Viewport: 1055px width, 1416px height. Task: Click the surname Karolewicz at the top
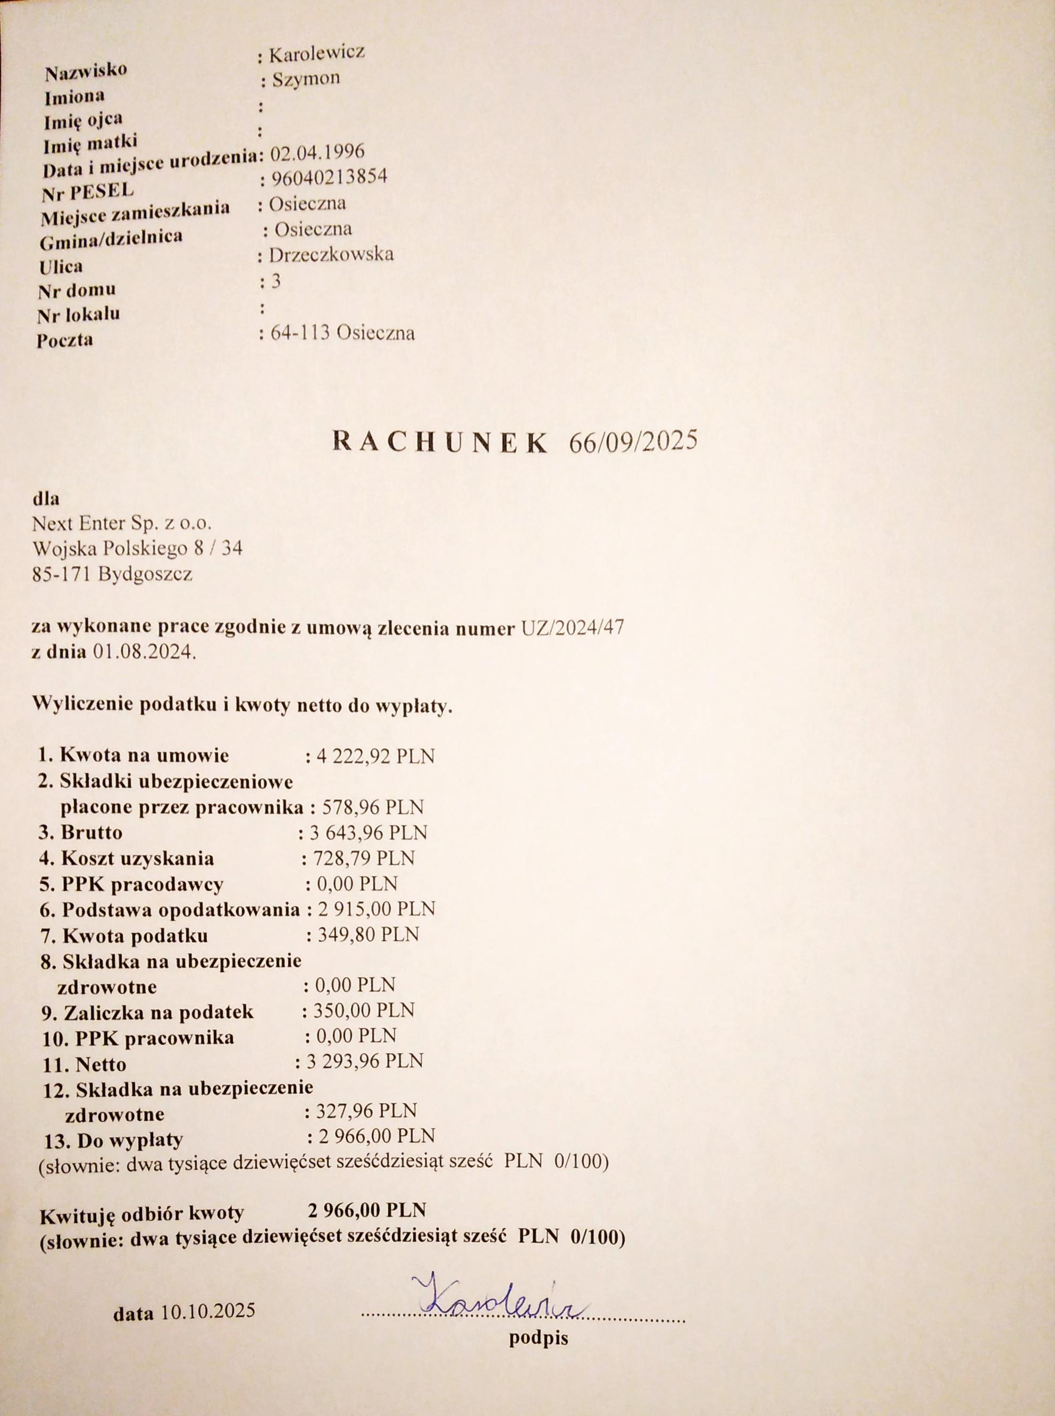click(x=317, y=54)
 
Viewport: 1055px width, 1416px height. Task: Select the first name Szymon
click(x=306, y=79)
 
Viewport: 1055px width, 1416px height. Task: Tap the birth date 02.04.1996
click(x=317, y=152)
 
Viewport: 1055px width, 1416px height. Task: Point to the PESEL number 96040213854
click(x=329, y=177)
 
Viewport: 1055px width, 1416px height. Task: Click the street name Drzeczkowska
click(x=331, y=255)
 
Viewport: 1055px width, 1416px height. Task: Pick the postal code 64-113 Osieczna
click(x=342, y=333)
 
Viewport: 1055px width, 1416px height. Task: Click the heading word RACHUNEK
click(x=441, y=443)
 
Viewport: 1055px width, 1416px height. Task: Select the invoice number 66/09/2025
click(x=633, y=442)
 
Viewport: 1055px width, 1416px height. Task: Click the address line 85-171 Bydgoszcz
click(x=112, y=574)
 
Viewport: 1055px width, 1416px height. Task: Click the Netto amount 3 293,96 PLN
click(x=365, y=1060)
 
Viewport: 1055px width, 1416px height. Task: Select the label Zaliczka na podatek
click(x=157, y=1012)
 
